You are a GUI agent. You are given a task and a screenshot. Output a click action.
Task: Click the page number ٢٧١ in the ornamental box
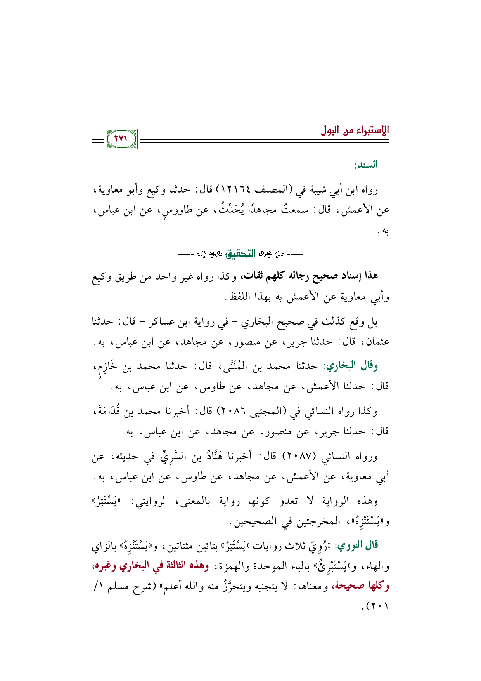[121, 139]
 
